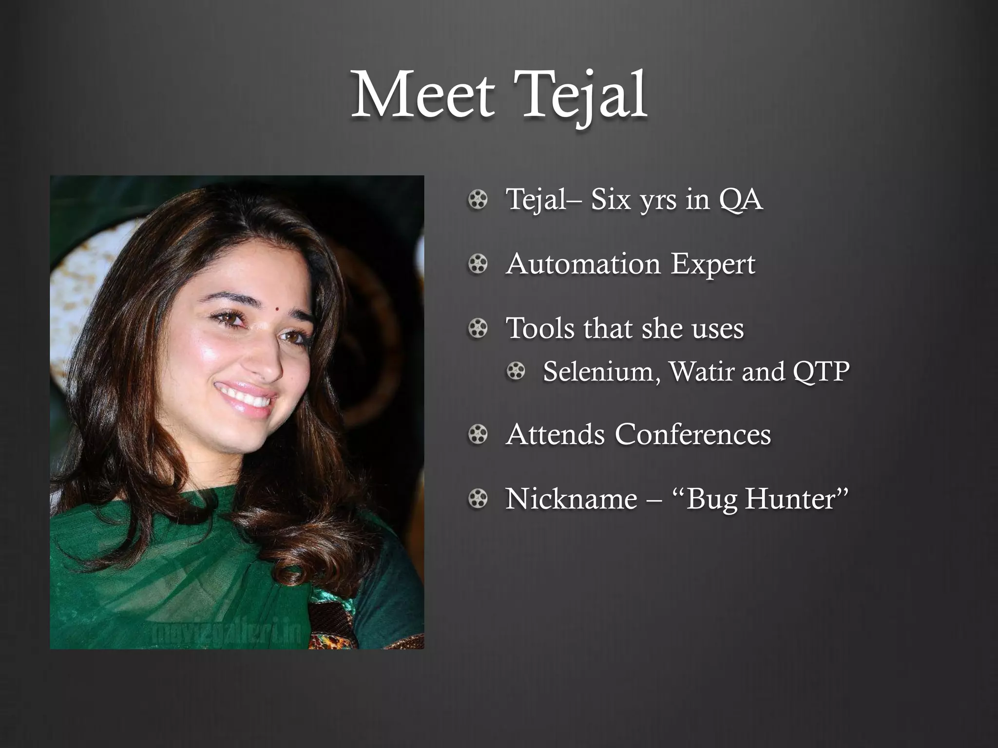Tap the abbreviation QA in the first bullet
coord(740,200)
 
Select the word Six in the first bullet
coord(612,200)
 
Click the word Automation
coord(583,264)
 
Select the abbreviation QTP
coord(821,371)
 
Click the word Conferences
coord(692,434)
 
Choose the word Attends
coord(556,434)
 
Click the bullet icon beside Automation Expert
coord(478,264)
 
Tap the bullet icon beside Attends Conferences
coord(478,434)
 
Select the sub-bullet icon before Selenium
coord(516,372)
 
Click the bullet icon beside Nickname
coord(478,499)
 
